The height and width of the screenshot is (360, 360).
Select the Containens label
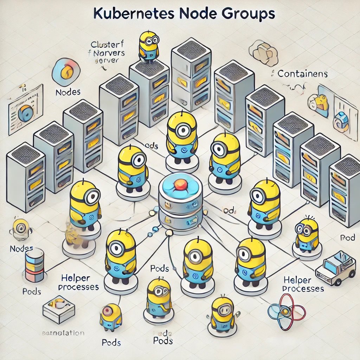point(302,74)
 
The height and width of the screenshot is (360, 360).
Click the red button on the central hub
point(180,184)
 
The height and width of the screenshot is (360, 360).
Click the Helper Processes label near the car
point(303,284)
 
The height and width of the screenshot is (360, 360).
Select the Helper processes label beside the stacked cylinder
point(78,282)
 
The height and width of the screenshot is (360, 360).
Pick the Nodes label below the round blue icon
point(68,92)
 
